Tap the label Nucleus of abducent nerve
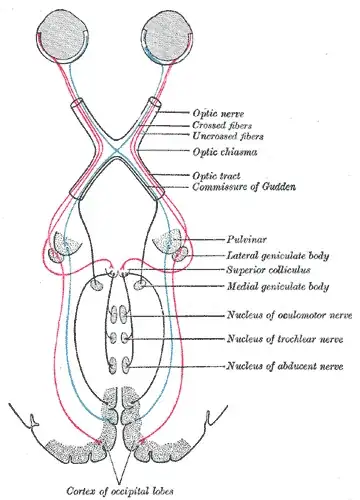(283, 368)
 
